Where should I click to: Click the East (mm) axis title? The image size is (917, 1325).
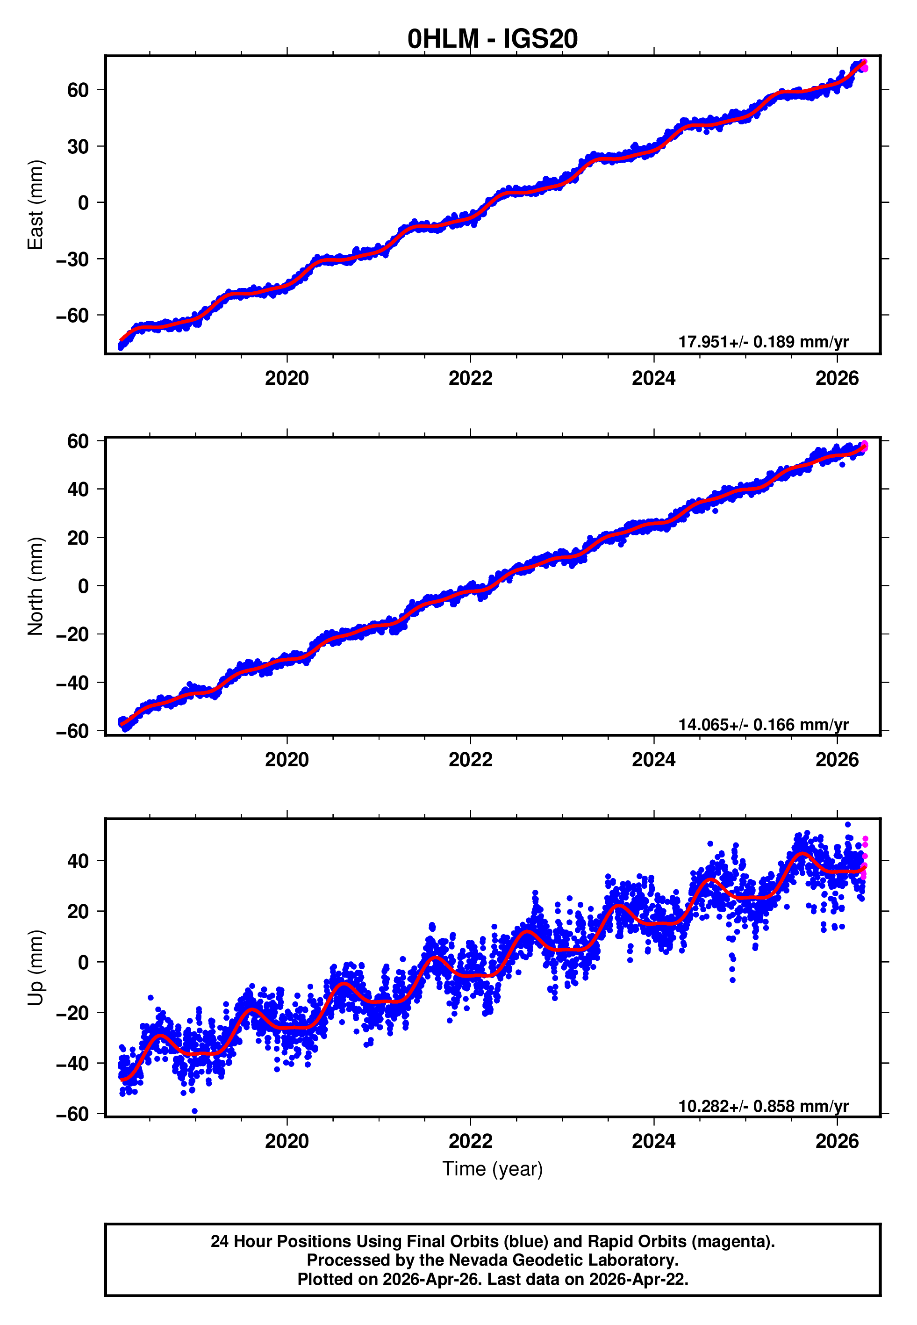coord(36,205)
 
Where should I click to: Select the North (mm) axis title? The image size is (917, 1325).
coord(36,586)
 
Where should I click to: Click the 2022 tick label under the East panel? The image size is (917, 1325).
coord(470,378)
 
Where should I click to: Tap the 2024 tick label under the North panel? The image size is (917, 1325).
coord(653,760)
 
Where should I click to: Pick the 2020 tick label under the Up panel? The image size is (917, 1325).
coord(287,1141)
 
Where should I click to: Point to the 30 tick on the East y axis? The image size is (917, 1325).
coord(78,146)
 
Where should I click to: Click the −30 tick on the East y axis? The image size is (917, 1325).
coord(72,259)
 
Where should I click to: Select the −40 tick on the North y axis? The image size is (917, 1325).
coord(72,683)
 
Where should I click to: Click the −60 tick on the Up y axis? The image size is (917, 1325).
coord(72,1114)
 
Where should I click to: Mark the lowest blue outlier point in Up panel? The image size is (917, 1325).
coord(195,1111)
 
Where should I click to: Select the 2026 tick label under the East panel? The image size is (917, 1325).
coord(837,378)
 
